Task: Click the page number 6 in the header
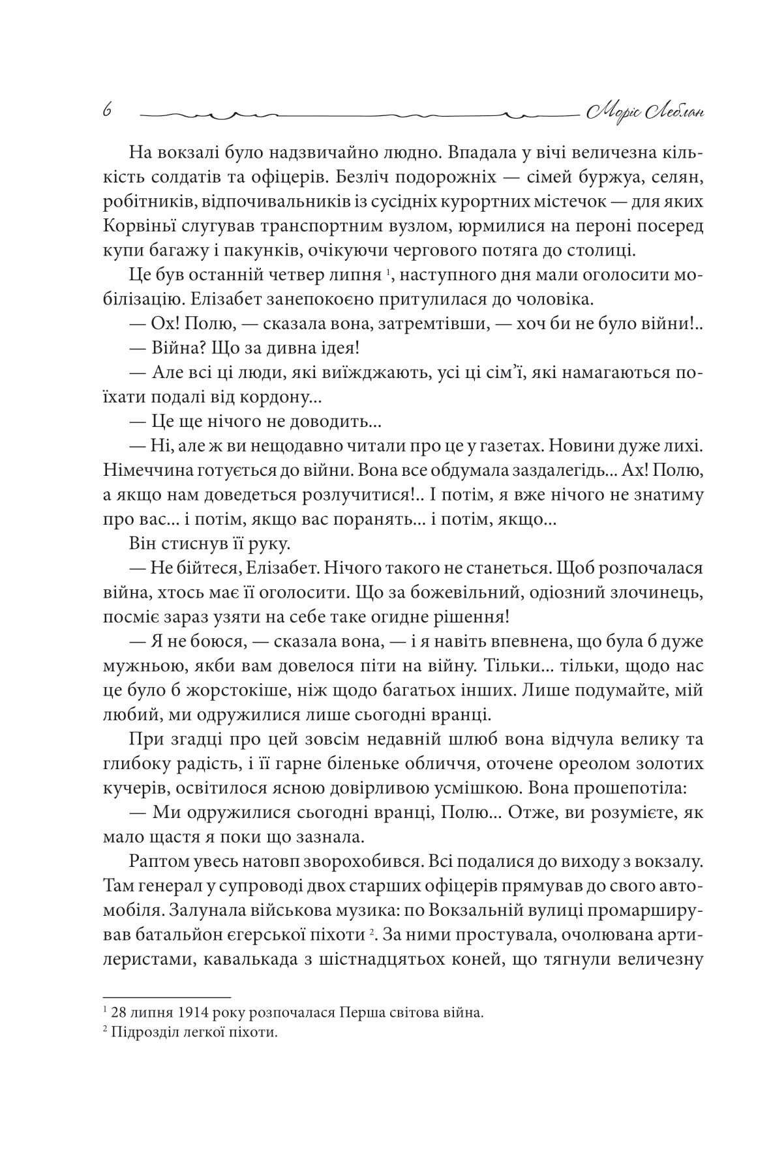coord(107,111)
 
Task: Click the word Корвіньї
coord(135,226)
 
